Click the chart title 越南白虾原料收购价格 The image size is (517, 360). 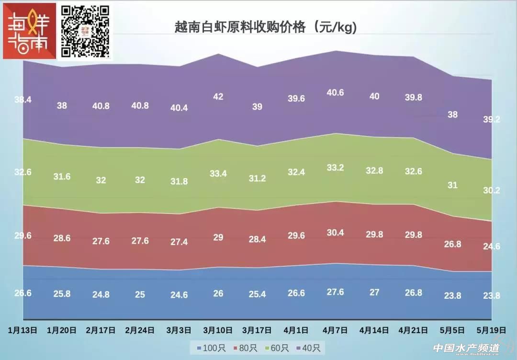coord(266,28)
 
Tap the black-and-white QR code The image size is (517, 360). coord(85,31)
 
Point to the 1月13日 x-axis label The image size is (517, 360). coord(22,330)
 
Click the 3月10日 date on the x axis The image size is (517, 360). coord(218,330)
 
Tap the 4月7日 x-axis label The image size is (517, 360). coord(335,330)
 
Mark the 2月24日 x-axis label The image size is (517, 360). coord(140,330)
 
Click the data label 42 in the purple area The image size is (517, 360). coord(218,97)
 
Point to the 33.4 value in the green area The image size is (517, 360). coord(218,174)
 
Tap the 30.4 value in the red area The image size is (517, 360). coord(335,233)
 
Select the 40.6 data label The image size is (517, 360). coord(335,93)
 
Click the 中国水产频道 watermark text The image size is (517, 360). coord(466,349)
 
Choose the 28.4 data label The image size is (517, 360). coord(257,239)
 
